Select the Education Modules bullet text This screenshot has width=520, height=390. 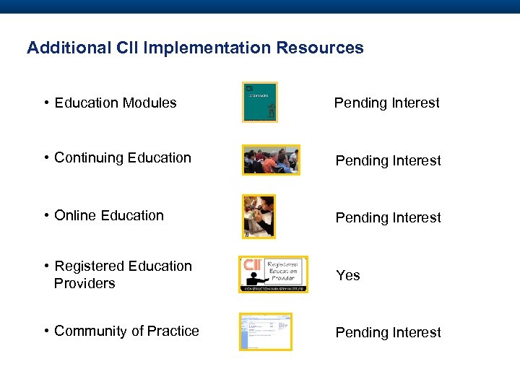pyautogui.click(x=115, y=103)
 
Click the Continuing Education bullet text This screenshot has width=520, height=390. pyautogui.click(x=122, y=157)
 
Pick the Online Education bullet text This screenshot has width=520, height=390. pyautogui.click(x=109, y=215)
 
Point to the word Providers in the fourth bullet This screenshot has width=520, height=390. pyautogui.click(x=84, y=283)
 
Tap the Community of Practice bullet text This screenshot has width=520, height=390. pyautogui.click(x=126, y=331)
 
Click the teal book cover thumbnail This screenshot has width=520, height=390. pyautogui.click(x=259, y=102)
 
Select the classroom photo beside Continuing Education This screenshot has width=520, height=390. pyautogui.click(x=271, y=160)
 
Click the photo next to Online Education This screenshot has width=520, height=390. pyautogui.click(x=259, y=216)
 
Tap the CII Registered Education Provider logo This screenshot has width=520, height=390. pyautogui.click(x=273, y=274)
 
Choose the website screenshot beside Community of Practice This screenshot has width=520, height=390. pyautogui.click(x=265, y=331)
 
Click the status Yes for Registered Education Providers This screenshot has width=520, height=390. pyautogui.click(x=348, y=275)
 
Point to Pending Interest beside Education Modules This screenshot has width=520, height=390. pyautogui.click(x=386, y=103)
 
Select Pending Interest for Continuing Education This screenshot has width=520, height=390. pyautogui.click(x=388, y=160)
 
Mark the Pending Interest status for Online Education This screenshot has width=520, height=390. pyautogui.click(x=388, y=217)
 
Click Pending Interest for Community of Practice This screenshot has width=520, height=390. pyautogui.click(x=388, y=332)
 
